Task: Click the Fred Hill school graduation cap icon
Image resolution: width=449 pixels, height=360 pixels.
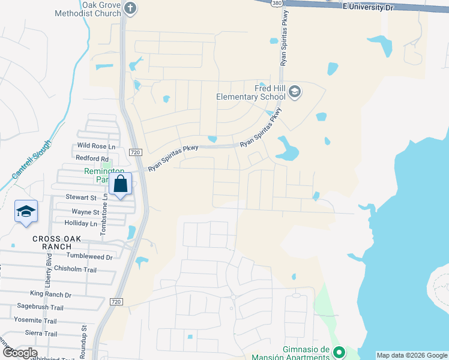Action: point(294,92)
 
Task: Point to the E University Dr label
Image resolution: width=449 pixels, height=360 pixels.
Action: point(367,7)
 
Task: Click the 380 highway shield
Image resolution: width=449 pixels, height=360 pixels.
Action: point(276,4)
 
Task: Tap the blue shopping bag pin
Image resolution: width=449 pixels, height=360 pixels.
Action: point(120,185)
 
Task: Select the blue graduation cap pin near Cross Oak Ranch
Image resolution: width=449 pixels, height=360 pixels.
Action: point(26,212)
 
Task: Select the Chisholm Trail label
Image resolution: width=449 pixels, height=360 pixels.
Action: point(75,269)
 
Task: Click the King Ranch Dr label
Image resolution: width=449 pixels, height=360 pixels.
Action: point(50,295)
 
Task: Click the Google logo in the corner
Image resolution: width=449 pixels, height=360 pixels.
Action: point(20,353)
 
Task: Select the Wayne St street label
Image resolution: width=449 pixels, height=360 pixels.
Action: point(85,212)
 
